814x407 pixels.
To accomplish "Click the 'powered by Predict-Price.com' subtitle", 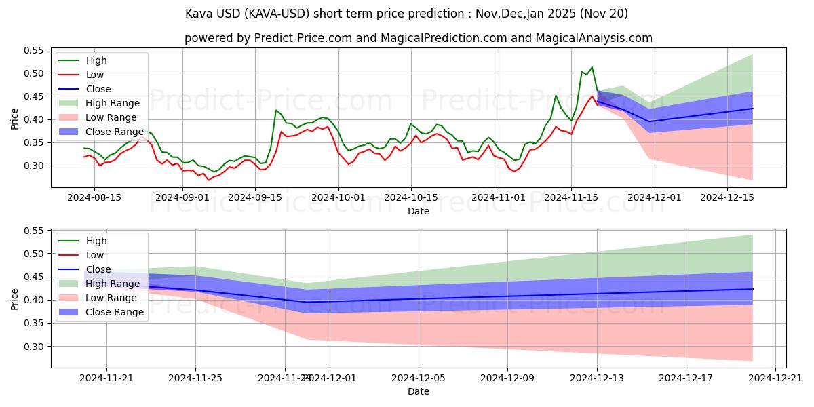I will (x=419, y=38).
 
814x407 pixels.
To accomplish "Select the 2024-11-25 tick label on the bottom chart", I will (x=196, y=377).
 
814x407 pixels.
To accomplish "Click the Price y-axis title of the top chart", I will (x=15, y=119).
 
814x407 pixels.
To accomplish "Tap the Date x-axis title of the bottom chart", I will (x=419, y=391).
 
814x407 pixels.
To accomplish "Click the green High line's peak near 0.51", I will (x=592, y=67).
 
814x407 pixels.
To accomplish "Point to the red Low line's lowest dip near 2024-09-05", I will (x=208, y=180).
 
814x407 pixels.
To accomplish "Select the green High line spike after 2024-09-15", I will (x=276, y=110).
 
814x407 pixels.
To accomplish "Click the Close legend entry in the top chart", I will (x=98, y=89).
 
